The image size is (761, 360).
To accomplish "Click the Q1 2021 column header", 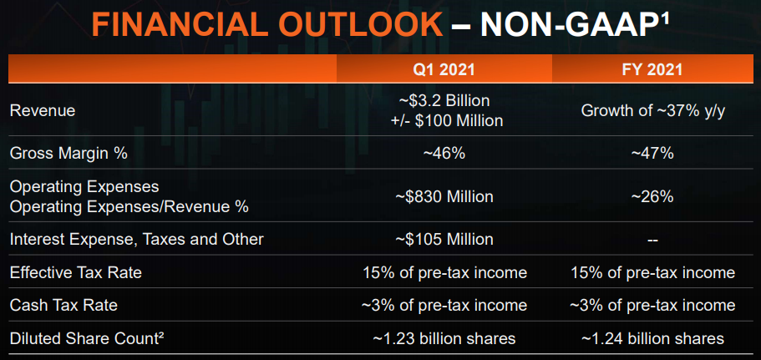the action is [x=444, y=69].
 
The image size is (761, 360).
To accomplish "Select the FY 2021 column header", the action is [x=652, y=69].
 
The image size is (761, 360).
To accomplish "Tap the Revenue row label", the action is [x=43, y=110].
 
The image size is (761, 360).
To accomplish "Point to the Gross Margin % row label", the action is [x=68, y=154].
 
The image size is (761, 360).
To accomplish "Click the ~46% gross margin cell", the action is [x=444, y=154].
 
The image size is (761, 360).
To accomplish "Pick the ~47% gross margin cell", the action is [x=652, y=154].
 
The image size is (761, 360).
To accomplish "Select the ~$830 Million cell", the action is [x=444, y=196].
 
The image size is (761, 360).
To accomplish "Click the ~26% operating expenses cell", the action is [x=652, y=196].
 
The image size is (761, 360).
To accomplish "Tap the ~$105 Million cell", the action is [x=444, y=239].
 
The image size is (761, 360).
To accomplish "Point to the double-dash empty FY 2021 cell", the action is [x=652, y=240].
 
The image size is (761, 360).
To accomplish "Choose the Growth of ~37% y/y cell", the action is [x=652, y=110].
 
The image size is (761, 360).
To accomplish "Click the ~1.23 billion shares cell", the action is [x=444, y=338].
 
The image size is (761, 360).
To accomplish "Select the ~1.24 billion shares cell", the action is [x=652, y=338].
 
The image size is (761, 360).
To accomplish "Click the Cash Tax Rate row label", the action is [x=63, y=305].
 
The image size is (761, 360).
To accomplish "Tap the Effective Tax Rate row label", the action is [x=76, y=272].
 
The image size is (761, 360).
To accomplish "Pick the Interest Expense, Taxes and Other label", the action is [x=137, y=239].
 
